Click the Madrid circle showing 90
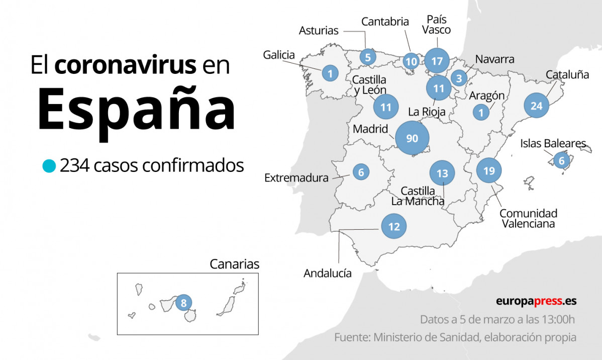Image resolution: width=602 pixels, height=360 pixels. click(x=412, y=138)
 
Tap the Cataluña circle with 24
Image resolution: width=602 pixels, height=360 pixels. click(x=536, y=106)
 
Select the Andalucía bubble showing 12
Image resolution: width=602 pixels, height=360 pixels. click(x=393, y=227)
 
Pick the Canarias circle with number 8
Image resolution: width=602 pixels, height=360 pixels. click(x=183, y=303)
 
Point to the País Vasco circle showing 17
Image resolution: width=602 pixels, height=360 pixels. click(x=437, y=61)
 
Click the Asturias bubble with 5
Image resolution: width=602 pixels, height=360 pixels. click(x=368, y=57)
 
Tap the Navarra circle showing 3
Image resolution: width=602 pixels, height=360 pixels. click(x=458, y=78)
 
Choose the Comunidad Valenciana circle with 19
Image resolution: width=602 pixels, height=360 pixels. click(x=489, y=171)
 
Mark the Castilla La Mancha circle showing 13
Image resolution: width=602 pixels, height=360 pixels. click(x=442, y=173)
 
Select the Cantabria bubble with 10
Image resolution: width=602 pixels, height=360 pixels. click(x=411, y=61)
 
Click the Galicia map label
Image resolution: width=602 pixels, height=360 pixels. click(x=279, y=55)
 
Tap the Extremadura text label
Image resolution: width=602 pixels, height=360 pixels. click(x=296, y=177)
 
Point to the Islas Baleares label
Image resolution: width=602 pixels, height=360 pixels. click(x=553, y=144)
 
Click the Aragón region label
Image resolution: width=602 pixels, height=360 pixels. click(x=486, y=96)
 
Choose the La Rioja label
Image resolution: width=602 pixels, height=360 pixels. click(x=427, y=112)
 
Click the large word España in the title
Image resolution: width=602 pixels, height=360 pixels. click(x=136, y=109)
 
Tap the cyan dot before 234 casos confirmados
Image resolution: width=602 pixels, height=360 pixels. click(x=49, y=165)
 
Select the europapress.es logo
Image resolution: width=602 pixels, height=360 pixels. click(x=536, y=301)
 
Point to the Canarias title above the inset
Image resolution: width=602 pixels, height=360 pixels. click(x=235, y=264)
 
